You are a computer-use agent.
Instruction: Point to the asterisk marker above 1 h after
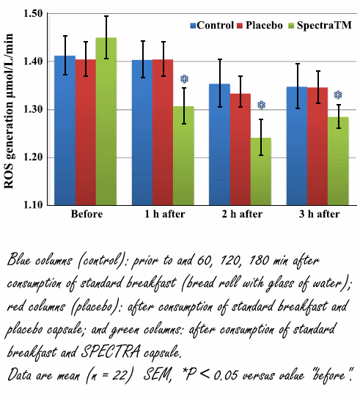[184, 78]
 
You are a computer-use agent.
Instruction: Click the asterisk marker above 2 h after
[261, 105]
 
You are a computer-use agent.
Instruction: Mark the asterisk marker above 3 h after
[338, 95]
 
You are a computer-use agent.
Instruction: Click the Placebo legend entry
[260, 24]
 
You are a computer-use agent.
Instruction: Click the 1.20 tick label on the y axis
[33, 157]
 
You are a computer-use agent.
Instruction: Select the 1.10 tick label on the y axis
[33, 205]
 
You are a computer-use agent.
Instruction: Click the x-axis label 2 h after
[241, 215]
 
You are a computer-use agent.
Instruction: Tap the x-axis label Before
[87, 215]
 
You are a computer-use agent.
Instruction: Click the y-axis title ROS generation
[10, 110]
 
